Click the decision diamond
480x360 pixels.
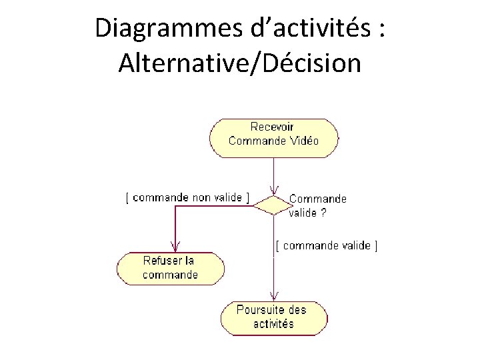273,205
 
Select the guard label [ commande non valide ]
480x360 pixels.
188,197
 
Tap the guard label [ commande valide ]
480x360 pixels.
327,245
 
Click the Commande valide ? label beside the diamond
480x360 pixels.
317,206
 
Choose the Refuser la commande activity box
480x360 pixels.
171,268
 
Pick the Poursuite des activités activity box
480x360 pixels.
273,317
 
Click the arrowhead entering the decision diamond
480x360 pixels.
273,191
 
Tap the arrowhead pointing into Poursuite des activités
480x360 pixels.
273,297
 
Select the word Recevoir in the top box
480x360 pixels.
272,127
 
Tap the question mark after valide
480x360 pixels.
323,213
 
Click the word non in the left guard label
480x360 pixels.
201,197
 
